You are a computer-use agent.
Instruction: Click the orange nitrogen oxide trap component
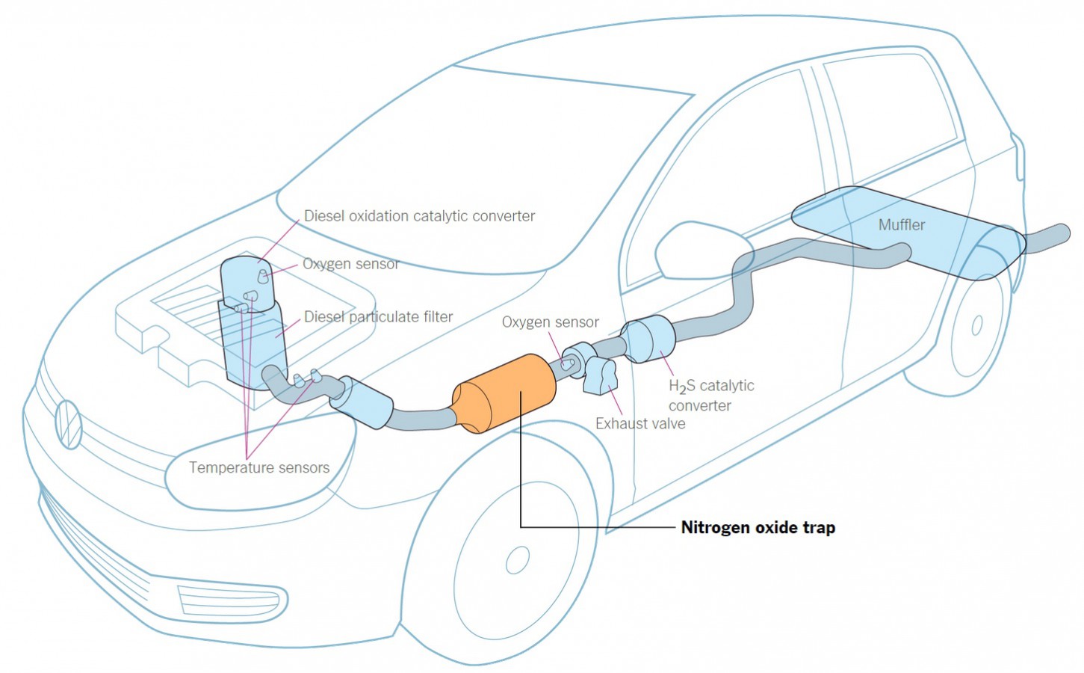pyautogui.click(x=505, y=393)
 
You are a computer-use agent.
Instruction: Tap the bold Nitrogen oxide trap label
pyautogui.click(x=758, y=527)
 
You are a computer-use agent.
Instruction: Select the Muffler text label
pyautogui.click(x=901, y=224)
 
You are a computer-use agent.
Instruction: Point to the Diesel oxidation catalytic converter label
pyautogui.click(x=419, y=216)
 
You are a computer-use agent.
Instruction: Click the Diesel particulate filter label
pyautogui.click(x=378, y=317)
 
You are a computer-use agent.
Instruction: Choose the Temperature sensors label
pyautogui.click(x=258, y=468)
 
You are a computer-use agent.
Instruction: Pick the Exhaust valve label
pyautogui.click(x=639, y=423)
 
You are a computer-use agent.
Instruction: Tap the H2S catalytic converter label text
pyautogui.click(x=710, y=396)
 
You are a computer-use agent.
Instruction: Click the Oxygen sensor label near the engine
pyautogui.click(x=350, y=264)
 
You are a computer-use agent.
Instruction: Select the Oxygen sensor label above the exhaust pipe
pyautogui.click(x=550, y=322)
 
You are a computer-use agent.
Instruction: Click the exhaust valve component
pyautogui.click(x=602, y=375)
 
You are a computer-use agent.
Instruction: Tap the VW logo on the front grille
pyautogui.click(x=68, y=423)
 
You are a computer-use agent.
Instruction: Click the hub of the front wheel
pyautogui.click(x=517, y=559)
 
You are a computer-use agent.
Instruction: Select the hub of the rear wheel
pyautogui.click(x=976, y=326)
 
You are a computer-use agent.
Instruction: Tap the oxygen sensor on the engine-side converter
pyautogui.click(x=263, y=277)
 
